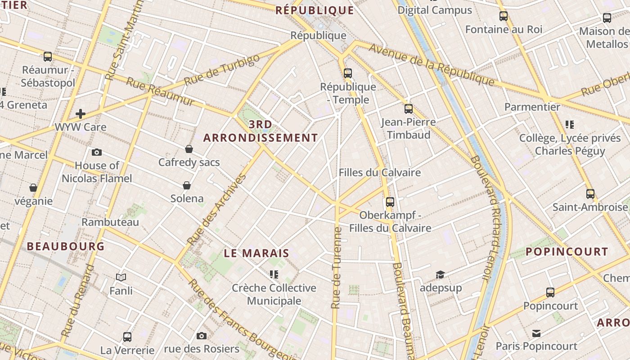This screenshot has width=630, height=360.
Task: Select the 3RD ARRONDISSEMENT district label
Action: click(x=261, y=131)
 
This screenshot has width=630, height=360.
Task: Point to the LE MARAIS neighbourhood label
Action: click(x=256, y=253)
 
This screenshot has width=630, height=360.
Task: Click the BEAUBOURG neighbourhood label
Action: click(x=66, y=246)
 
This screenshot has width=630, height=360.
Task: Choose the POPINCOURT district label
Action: click(x=567, y=252)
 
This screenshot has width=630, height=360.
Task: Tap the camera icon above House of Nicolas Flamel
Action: click(x=96, y=153)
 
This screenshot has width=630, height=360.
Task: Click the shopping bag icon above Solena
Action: click(x=187, y=185)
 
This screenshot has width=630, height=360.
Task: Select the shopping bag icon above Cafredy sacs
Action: click(x=189, y=149)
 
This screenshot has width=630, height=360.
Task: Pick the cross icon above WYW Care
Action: click(x=81, y=114)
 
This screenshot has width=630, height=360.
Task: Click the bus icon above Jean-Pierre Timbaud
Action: click(x=409, y=109)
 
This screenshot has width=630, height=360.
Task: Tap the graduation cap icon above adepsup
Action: click(x=441, y=274)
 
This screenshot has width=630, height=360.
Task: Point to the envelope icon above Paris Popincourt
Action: click(x=536, y=333)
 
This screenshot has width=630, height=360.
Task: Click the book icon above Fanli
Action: click(x=121, y=278)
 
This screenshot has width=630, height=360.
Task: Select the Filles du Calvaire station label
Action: click(x=380, y=172)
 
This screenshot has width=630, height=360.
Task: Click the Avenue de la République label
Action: click(x=432, y=65)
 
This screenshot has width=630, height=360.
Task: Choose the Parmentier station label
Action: click(x=532, y=107)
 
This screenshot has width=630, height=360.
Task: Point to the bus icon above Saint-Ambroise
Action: click(x=590, y=194)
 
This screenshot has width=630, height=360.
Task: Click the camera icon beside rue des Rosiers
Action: click(x=202, y=336)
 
